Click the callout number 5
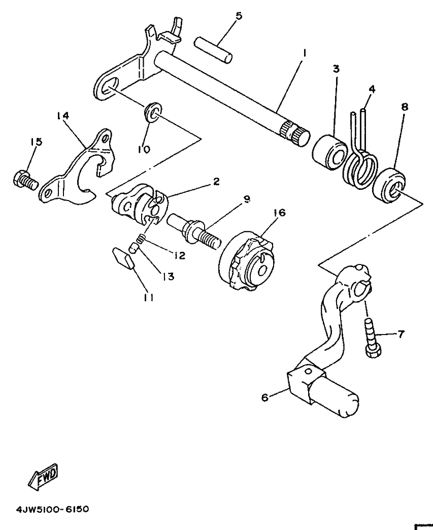point(239,16)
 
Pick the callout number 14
point(63,116)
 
